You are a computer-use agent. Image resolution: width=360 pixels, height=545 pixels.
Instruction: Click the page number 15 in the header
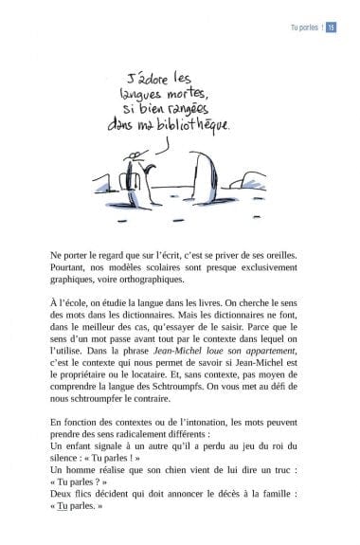(x=332, y=27)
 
